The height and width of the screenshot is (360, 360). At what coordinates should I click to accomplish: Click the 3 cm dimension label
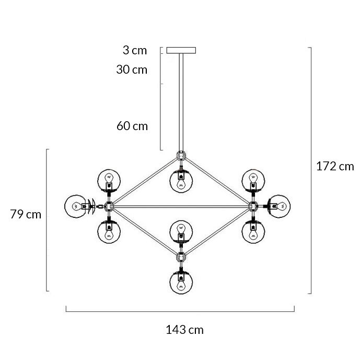(x=135, y=50)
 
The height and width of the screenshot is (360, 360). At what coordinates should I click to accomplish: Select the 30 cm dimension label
(x=132, y=69)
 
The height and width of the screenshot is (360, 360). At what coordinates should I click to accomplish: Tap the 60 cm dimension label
(x=132, y=126)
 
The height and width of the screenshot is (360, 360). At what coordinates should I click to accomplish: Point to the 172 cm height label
(x=335, y=167)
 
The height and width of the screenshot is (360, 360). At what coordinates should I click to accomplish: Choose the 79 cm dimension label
(x=26, y=214)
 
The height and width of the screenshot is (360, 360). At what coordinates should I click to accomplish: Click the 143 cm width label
(x=184, y=330)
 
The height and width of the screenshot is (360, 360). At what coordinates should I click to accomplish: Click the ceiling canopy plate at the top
(x=181, y=51)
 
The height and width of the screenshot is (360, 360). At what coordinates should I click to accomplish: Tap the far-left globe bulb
(x=75, y=206)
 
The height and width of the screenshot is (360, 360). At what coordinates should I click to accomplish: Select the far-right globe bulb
(x=280, y=205)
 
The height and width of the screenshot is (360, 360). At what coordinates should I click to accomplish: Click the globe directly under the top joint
(x=181, y=180)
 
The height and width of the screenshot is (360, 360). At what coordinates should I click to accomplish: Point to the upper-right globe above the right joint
(x=253, y=180)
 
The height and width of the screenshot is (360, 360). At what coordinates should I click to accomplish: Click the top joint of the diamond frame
(x=181, y=155)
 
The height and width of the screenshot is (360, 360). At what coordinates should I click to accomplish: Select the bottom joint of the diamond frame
(x=181, y=257)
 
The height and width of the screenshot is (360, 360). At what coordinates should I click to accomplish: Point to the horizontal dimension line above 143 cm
(x=180, y=311)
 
